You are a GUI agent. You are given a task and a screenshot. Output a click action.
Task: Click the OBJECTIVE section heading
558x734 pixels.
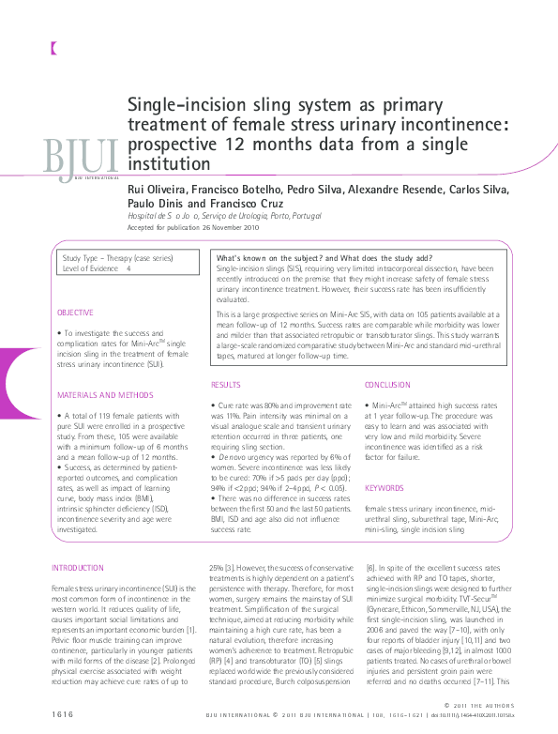(x=75, y=312)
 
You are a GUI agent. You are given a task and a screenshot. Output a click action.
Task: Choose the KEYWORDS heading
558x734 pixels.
(x=384, y=488)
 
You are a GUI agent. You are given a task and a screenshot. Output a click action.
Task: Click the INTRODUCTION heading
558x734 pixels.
(x=78, y=568)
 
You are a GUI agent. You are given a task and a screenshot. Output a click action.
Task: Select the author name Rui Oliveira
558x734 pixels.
(x=157, y=190)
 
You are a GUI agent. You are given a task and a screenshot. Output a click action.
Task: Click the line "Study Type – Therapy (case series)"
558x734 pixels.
(x=114, y=257)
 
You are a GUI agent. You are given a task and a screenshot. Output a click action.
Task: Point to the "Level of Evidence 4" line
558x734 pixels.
(x=97, y=268)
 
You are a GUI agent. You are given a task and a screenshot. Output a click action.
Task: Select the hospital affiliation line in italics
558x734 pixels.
(x=211, y=217)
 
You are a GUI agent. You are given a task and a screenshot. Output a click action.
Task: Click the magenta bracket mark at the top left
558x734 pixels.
(x=54, y=47)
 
